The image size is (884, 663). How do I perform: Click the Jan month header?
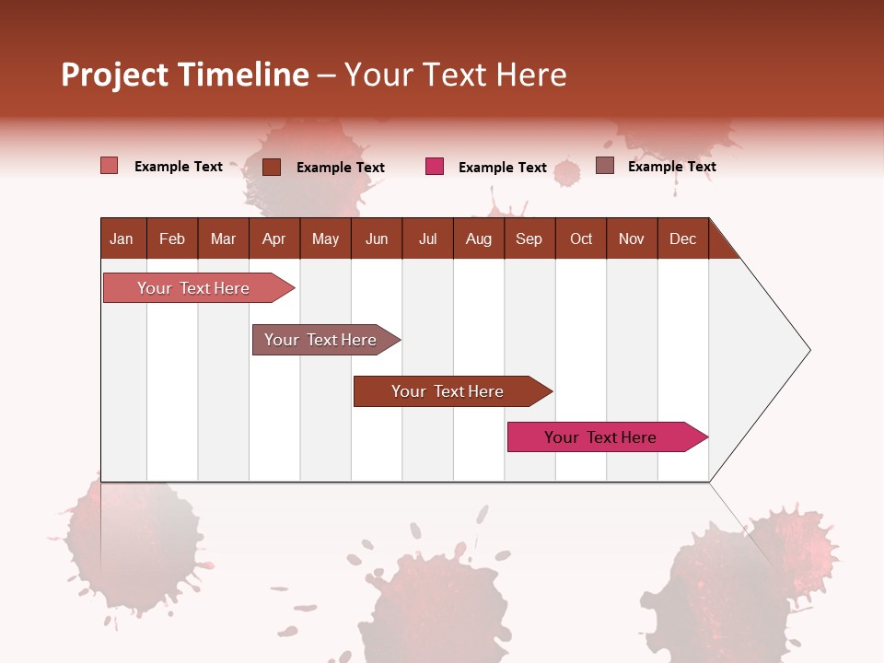pyautogui.click(x=122, y=238)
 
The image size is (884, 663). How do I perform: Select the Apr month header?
pyautogui.click(x=273, y=238)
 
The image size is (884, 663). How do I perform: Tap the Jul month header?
pyautogui.click(x=427, y=238)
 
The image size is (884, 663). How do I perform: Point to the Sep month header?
pyautogui.click(x=529, y=238)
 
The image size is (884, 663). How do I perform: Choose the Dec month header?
pyautogui.click(x=682, y=238)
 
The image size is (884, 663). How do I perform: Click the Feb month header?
pyautogui.click(x=172, y=238)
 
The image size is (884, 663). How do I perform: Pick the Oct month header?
pyautogui.click(x=581, y=238)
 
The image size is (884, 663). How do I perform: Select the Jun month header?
pyautogui.click(x=377, y=238)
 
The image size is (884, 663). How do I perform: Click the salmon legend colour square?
pyautogui.click(x=109, y=166)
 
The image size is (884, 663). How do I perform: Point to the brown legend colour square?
pyautogui.click(x=271, y=167)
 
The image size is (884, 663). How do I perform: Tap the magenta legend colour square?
pyautogui.click(x=435, y=167)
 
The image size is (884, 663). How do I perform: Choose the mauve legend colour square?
pyautogui.click(x=604, y=166)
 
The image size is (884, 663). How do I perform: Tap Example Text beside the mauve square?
pyautogui.click(x=671, y=166)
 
